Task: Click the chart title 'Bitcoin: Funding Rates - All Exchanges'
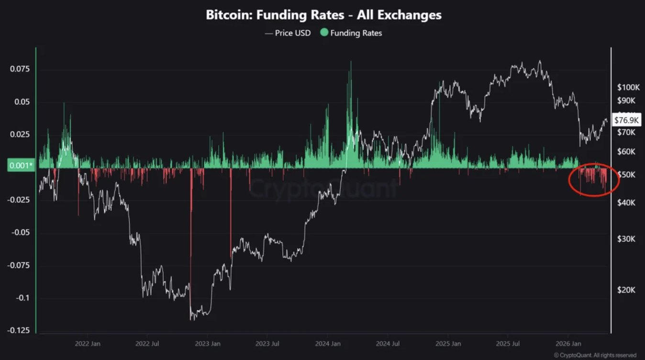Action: (323, 15)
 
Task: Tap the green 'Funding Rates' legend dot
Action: (324, 33)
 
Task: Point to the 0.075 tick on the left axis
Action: (20, 69)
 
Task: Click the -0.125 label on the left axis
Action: (18, 331)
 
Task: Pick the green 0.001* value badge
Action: (21, 166)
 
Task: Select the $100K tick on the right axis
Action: (628, 87)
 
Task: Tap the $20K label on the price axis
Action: (626, 290)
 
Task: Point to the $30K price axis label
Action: (626, 239)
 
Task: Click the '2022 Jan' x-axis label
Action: (88, 344)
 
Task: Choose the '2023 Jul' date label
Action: (267, 344)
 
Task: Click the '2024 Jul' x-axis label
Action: (388, 344)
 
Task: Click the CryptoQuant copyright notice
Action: (595, 355)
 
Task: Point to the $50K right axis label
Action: (626, 175)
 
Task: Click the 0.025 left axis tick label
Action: (20, 135)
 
